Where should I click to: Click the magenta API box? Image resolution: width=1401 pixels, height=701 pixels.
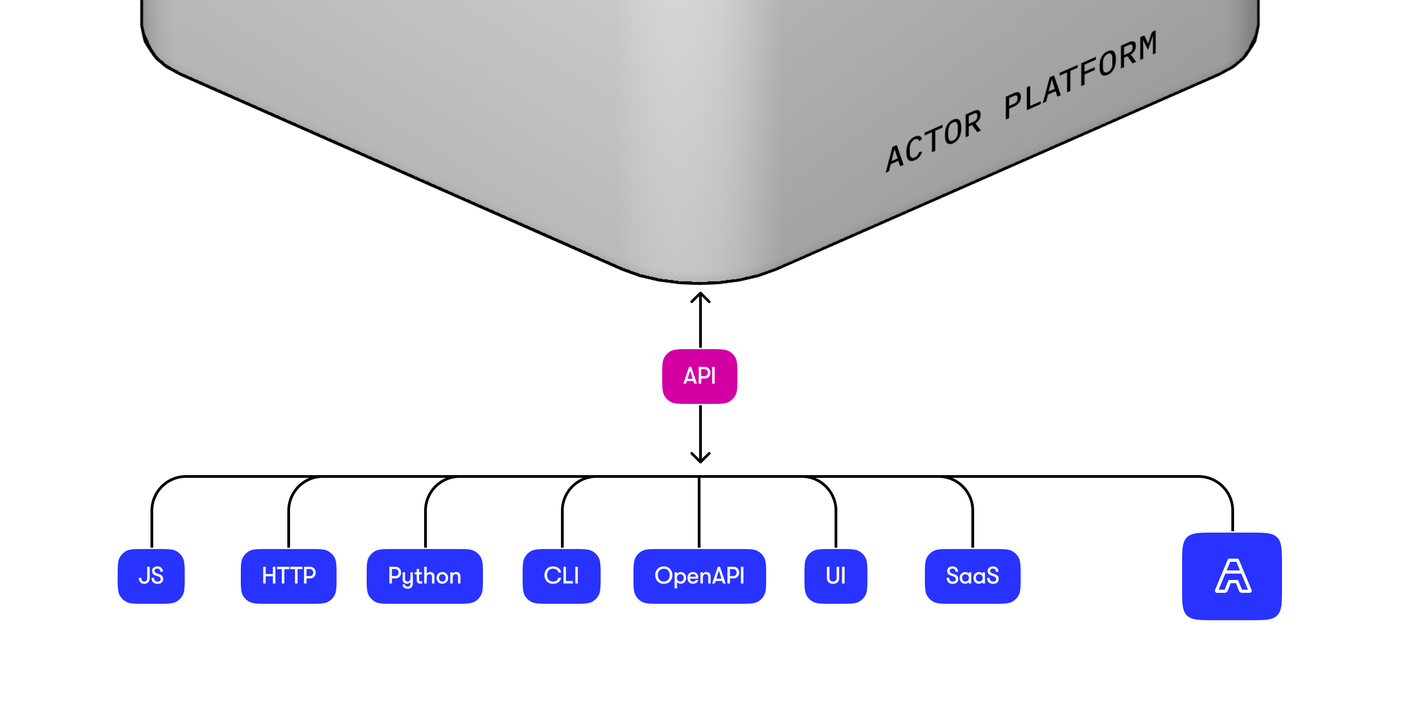point(700,376)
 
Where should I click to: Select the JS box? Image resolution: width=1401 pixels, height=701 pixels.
point(151,576)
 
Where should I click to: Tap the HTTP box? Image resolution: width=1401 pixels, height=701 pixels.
point(288,576)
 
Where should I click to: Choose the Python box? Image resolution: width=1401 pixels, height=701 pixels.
point(424,576)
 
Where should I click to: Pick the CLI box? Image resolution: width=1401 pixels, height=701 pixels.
point(561,576)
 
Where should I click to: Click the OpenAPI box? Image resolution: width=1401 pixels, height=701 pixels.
point(700,576)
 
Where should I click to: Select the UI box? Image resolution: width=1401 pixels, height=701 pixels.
point(835,576)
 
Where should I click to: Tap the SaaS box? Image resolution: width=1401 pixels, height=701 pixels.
point(972,576)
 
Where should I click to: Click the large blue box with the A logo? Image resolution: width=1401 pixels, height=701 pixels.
point(1232,576)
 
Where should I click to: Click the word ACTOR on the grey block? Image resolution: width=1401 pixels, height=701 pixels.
point(933,141)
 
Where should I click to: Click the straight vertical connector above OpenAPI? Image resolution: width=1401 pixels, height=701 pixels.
point(699,512)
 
